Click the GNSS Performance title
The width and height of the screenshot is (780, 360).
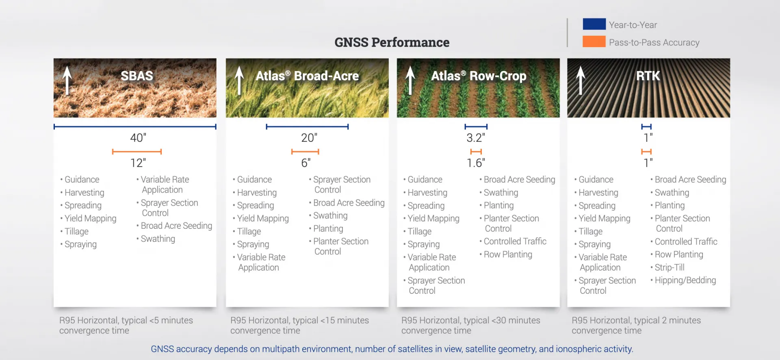coord(392,42)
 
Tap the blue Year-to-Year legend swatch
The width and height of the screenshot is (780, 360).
coord(594,24)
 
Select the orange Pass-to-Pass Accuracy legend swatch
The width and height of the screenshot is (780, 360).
coord(594,42)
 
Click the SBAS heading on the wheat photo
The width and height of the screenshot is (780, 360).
coord(137,76)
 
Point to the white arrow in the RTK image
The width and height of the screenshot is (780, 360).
coord(581,80)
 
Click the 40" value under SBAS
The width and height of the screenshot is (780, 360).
coord(138,138)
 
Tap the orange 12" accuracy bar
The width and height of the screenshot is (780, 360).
coord(137,152)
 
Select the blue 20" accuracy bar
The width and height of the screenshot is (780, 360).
coord(307,127)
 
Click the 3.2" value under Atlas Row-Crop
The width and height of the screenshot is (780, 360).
coord(476,138)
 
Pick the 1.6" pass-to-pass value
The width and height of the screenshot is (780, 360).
coord(476,163)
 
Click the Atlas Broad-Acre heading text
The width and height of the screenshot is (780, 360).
coord(307,76)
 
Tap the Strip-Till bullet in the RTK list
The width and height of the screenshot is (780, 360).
coord(669,267)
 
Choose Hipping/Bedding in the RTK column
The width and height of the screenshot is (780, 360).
coord(685,280)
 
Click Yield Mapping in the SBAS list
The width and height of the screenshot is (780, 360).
coord(90,219)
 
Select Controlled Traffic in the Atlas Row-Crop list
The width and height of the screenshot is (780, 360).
coord(515,241)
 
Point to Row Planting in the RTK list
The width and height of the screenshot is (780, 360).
coord(678,254)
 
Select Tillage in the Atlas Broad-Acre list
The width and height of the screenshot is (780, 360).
coord(249,232)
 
